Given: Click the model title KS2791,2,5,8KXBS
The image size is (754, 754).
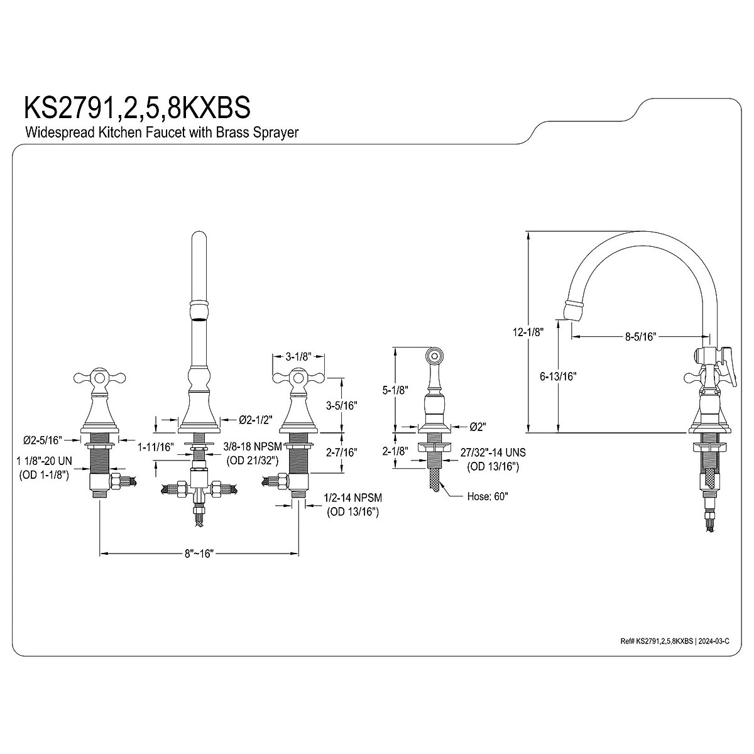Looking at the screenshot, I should [x=137, y=107].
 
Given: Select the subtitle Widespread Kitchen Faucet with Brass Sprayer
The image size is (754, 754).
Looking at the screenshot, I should [x=161, y=133].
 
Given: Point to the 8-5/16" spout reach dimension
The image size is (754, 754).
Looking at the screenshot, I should [x=640, y=337].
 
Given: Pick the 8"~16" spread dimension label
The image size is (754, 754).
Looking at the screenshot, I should [x=200, y=554].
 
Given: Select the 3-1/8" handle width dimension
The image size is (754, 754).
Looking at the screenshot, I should [x=299, y=357].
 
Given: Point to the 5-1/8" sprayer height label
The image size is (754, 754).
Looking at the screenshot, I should [x=394, y=390].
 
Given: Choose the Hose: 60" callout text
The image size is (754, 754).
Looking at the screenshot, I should [x=488, y=496].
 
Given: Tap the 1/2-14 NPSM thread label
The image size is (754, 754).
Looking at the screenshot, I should [x=352, y=498].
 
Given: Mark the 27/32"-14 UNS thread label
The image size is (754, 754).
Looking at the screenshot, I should [x=493, y=452].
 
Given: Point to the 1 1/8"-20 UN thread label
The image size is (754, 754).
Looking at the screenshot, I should [x=44, y=461].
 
